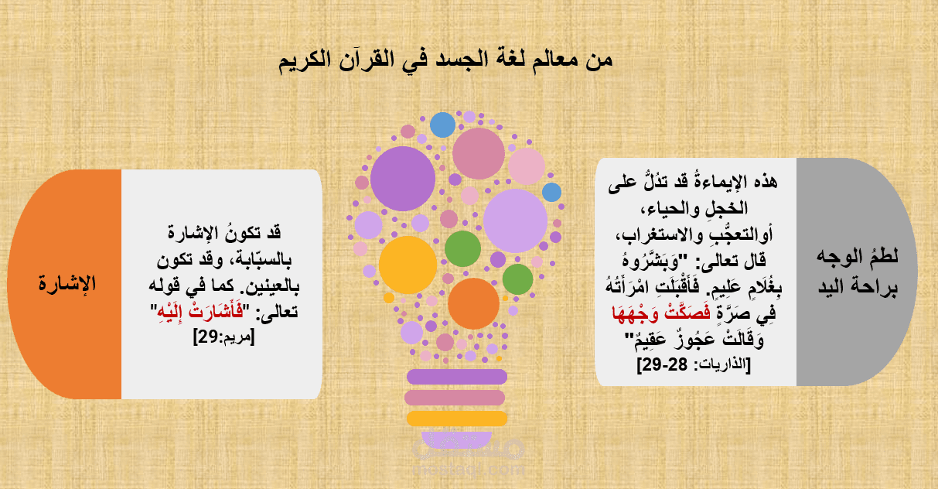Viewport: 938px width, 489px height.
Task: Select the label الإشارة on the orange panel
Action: tap(67, 284)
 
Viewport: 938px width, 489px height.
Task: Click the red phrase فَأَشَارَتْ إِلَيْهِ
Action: tap(200, 312)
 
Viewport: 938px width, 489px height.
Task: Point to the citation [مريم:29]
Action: tap(224, 337)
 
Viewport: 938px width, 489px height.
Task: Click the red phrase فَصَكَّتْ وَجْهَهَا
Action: tap(661, 313)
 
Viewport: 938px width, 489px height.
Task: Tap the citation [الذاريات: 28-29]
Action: tap(694, 364)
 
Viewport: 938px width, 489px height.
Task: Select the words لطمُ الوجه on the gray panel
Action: tap(858, 256)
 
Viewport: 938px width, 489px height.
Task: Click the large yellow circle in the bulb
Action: tap(408, 265)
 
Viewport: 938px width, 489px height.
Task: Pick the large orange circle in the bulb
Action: tap(473, 303)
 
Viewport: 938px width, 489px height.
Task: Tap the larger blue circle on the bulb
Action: tap(442, 125)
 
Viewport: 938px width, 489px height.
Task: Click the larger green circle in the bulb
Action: tap(462, 249)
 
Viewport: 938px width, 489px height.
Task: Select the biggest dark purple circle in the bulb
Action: tap(403, 179)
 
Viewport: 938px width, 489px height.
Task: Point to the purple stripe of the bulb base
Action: tap(457, 377)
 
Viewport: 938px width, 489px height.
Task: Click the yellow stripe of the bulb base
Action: tap(457, 419)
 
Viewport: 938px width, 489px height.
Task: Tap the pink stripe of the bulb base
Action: tap(455, 398)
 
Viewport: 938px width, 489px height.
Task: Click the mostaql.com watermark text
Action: tap(469, 470)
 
